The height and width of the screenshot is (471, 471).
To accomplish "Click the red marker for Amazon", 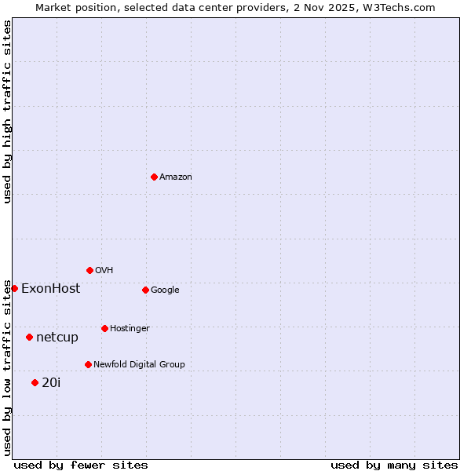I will click(154, 177).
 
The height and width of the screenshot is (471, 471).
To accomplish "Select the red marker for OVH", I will click(89, 270).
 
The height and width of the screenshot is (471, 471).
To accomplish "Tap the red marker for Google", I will click(145, 290).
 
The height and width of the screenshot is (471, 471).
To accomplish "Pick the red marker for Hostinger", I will click(104, 328).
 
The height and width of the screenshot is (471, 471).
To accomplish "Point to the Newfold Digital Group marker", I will click(88, 364).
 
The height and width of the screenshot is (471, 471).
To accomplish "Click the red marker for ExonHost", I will click(14, 288).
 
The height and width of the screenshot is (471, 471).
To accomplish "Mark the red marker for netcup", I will click(29, 337).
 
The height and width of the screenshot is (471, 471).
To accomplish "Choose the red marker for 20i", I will click(35, 382).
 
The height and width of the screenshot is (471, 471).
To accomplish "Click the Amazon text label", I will click(176, 177).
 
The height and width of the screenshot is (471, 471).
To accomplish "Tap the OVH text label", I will click(104, 271).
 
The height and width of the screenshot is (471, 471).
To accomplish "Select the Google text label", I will click(165, 290).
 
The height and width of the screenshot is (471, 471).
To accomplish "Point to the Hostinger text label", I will click(130, 329).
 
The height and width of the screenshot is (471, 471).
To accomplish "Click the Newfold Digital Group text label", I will click(139, 365).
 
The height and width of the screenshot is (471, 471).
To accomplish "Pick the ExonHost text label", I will click(50, 289).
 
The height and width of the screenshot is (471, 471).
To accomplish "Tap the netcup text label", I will click(57, 338).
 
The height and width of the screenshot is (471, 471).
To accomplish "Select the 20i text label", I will click(51, 383).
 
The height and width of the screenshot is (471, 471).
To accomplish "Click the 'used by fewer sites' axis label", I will click(81, 465).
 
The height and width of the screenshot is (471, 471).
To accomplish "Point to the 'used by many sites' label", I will click(394, 465).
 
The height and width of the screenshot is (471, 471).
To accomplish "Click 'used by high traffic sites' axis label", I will click(7, 112).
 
